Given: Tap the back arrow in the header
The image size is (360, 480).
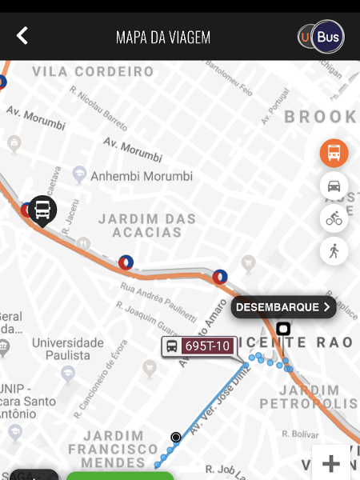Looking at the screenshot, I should pyautogui.click(x=22, y=36).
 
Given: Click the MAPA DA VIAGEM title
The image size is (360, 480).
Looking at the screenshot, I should pyautogui.click(x=163, y=38).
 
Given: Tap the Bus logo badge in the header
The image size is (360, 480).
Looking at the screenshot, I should pyautogui.click(x=322, y=37).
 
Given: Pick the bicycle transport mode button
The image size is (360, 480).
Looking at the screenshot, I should pyautogui.click(x=334, y=218).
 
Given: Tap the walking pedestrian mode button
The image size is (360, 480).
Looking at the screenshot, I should pyautogui.click(x=334, y=251).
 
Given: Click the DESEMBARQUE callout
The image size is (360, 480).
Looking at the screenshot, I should pyautogui.click(x=283, y=307).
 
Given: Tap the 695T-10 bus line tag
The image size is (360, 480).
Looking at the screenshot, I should pyautogui.click(x=198, y=346).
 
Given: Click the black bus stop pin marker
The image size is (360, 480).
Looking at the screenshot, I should pyautogui.click(x=43, y=210).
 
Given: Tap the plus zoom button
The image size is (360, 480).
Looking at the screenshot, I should pyautogui.click(x=331, y=463).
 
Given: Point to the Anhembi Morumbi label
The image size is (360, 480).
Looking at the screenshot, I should pyautogui.click(x=142, y=176).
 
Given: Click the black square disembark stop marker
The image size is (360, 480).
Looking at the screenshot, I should pyautogui.click(x=282, y=328).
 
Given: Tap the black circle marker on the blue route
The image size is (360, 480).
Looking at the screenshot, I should pyautogui.click(x=176, y=437).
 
